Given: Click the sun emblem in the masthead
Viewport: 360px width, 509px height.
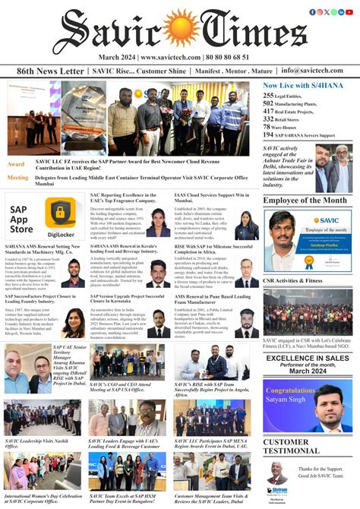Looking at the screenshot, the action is click(179, 30).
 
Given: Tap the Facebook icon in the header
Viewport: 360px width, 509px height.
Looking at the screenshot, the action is click(312, 12).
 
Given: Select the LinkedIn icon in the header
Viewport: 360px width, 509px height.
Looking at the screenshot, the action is click(343, 12).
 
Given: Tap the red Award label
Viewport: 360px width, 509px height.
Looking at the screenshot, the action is click(16, 164).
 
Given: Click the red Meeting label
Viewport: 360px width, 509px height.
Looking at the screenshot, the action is click(18, 177).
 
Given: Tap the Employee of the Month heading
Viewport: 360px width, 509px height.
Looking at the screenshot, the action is click(307, 201).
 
